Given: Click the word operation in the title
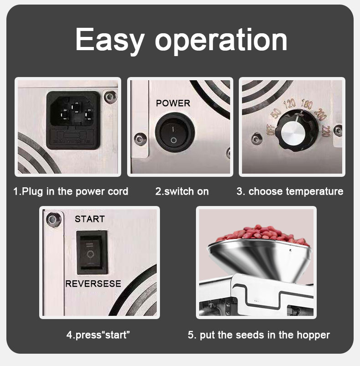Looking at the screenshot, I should tap(221, 40).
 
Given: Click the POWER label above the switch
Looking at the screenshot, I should tap(173, 103).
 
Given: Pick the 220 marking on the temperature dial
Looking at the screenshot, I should tap(325, 131).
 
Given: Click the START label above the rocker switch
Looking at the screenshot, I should tap(90, 219).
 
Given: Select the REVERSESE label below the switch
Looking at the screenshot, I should tap(93, 284).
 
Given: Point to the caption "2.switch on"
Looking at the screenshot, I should tap(182, 191).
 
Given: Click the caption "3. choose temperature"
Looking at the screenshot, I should tap(290, 191).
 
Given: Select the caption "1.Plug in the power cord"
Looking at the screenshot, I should tap(71, 191).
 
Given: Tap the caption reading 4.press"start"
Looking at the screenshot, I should tap(98, 335).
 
